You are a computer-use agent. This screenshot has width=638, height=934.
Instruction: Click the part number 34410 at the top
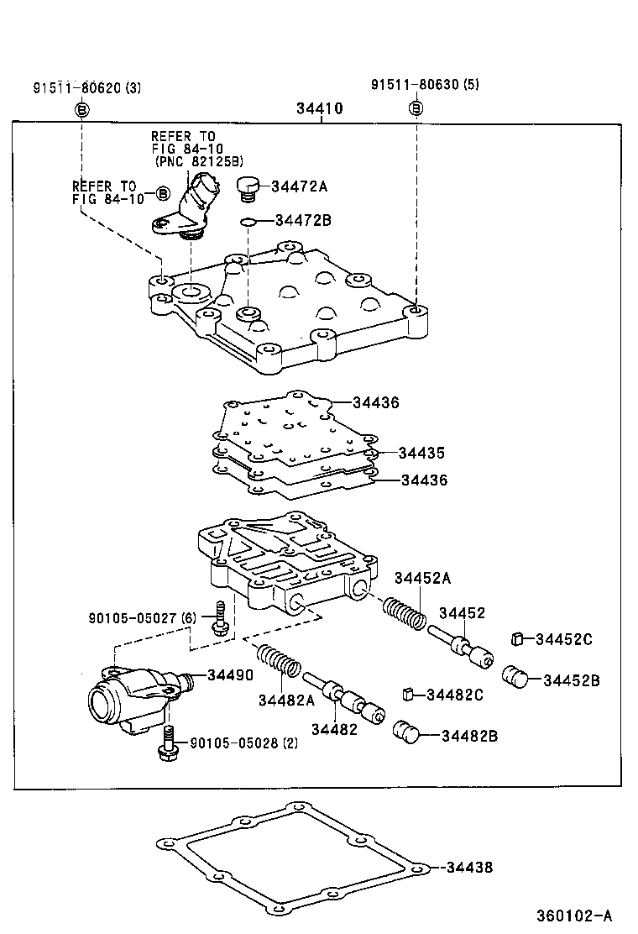pos(320,109)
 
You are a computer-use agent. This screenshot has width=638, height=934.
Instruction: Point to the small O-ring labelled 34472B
pos(247,222)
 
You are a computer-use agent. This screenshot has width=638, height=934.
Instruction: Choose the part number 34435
pos(421,453)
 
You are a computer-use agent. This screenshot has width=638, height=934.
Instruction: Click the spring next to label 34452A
pos(404,615)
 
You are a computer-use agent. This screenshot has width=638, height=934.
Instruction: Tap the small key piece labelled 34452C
pos(518,640)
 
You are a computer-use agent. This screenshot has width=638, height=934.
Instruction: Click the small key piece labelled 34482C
pos(409,693)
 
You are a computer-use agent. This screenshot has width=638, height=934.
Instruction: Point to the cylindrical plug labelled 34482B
pos(407,732)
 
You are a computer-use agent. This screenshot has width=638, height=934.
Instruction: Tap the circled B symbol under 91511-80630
pos(416,108)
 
